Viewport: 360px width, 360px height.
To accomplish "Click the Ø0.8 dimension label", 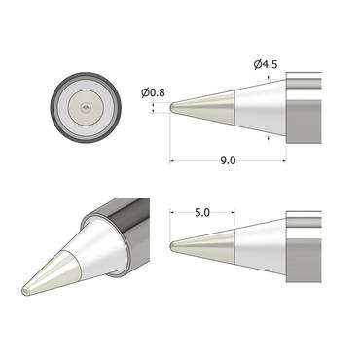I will point(152,93).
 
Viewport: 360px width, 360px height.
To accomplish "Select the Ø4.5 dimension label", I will point(267,65).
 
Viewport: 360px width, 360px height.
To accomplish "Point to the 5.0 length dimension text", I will point(201,211).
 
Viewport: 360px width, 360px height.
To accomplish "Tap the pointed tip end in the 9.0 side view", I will point(172,108).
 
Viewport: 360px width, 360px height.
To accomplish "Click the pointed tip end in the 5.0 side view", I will point(172,246).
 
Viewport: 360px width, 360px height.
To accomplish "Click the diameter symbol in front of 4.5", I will point(258,65).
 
